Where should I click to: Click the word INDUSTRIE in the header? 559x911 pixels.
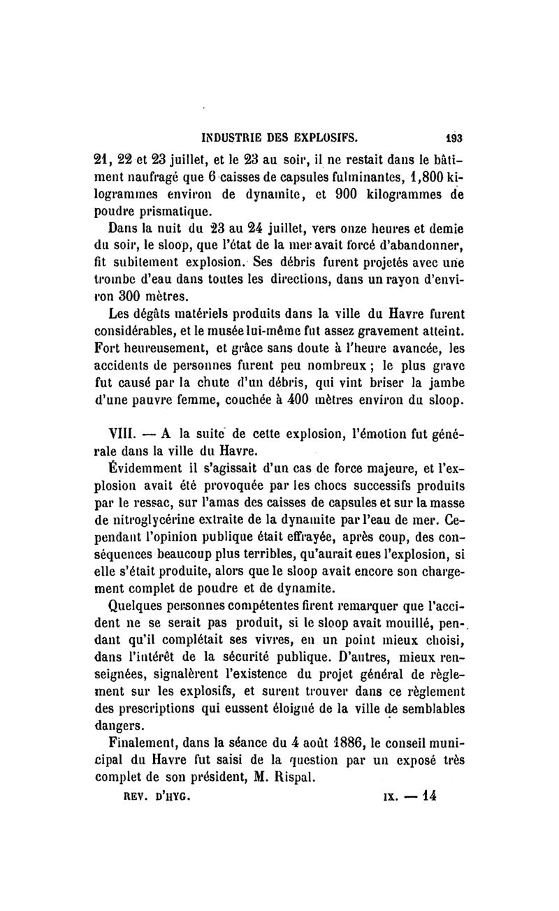pos(235,131)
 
